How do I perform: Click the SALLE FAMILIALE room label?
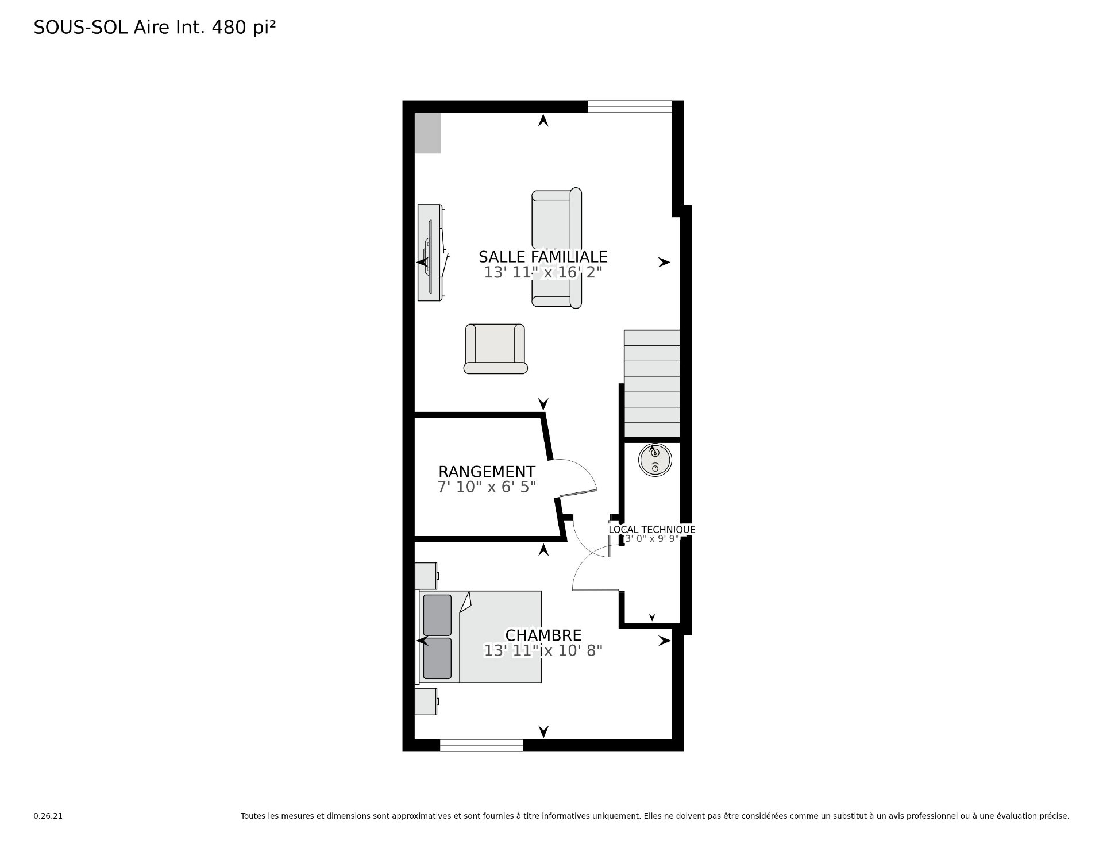543,256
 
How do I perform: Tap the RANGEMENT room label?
487,472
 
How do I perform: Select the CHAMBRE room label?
543,635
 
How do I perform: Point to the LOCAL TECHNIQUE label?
652,530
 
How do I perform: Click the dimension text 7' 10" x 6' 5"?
487,487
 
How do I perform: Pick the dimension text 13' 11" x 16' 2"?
543,272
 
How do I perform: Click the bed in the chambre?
480,637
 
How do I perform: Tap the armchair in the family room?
495,349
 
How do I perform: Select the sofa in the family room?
557,248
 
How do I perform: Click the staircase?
652,384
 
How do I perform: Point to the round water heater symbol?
655,460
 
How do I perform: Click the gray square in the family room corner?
427,133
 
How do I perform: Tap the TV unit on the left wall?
431,252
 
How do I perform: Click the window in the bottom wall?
481,745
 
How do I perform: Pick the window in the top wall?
630,107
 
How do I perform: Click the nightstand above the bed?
426,576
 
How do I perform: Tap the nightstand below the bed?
426,701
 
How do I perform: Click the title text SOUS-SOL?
80,28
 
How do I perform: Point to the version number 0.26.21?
48,816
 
